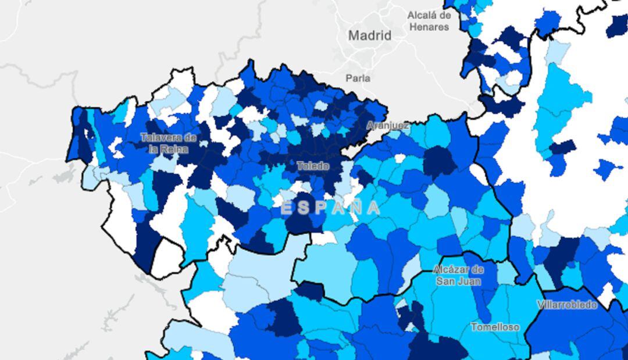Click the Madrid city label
point(370,35)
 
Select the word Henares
point(429,27)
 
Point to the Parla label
point(358,78)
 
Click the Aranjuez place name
point(388,125)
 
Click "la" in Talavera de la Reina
point(154,149)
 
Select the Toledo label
point(313,166)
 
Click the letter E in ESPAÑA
point(287,208)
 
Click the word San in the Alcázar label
point(445,281)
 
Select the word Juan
point(469,281)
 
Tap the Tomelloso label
point(495,327)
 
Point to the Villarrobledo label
point(566,305)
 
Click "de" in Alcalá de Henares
point(445,16)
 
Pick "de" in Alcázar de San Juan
point(477,270)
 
